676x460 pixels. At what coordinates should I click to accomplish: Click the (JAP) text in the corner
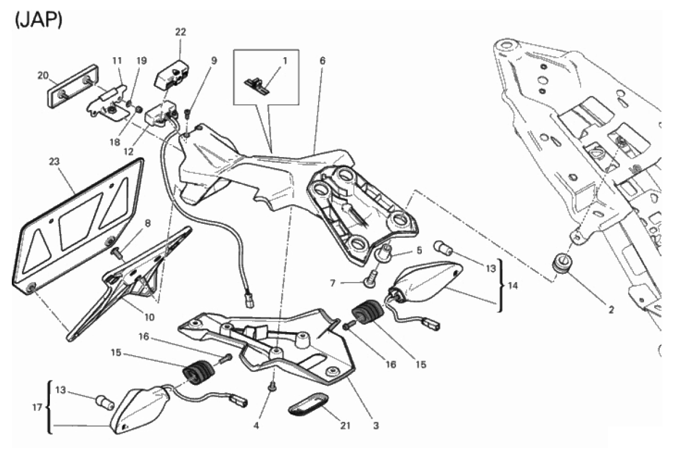coord(39,21)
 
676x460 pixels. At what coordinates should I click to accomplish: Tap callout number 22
coord(181,32)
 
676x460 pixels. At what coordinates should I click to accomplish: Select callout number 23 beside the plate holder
coord(54,162)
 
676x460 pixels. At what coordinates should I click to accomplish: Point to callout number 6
coord(323,61)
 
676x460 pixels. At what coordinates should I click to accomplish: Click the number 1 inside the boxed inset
coord(284,61)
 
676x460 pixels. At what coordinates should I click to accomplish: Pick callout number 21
coord(345,426)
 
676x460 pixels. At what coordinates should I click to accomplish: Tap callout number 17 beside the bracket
coord(37,408)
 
